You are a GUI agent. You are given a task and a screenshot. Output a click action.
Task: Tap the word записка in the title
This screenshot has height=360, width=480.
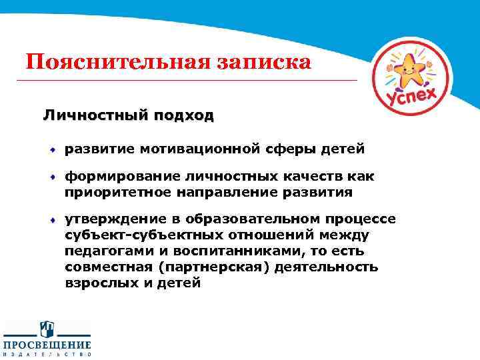[x=263, y=63]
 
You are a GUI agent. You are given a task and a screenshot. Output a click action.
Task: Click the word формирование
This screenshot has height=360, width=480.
[x=117, y=177]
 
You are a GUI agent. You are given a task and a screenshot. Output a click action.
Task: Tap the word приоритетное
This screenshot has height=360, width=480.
[x=118, y=192]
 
